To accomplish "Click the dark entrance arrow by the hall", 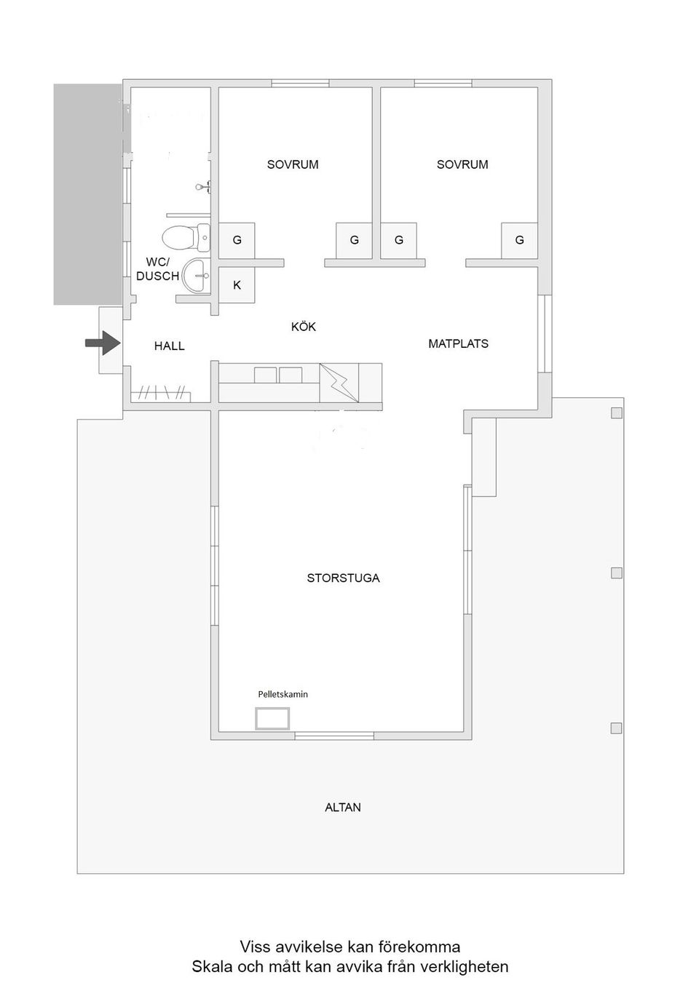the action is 103,343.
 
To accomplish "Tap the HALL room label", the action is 170,346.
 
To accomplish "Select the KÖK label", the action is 304,327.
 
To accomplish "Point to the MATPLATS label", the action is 459,343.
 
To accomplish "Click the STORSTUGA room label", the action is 344,578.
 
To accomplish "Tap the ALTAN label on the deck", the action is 343,808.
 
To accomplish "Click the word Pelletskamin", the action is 283,695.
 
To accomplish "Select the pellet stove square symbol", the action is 272,719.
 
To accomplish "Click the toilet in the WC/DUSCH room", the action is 186,238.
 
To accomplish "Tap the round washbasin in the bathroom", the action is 196,276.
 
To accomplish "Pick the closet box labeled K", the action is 237,285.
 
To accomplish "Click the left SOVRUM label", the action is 293,164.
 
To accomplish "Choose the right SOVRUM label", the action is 462,164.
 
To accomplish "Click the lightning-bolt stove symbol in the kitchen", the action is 339,383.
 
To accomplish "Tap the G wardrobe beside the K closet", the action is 237,240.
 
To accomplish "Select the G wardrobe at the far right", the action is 519,240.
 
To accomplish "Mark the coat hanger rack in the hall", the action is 161,393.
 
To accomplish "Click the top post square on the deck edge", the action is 617,413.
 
